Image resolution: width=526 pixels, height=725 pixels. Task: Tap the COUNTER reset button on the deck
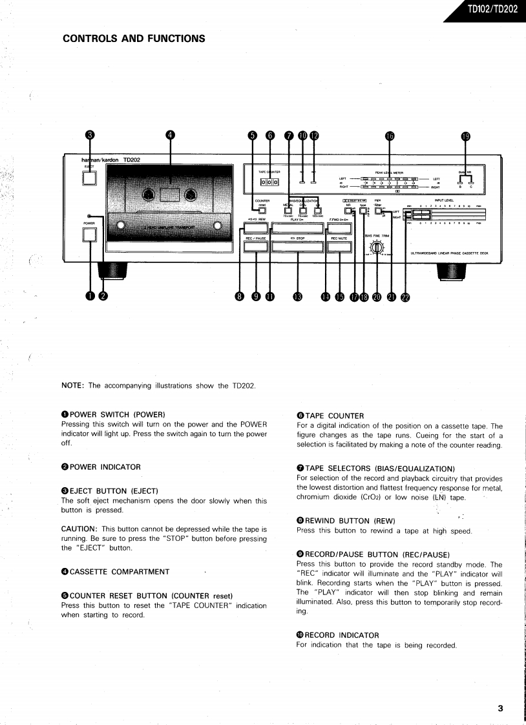click(262, 210)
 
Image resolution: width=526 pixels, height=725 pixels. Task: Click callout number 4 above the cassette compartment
click(170, 135)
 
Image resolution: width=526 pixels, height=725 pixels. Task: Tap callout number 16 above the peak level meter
click(389, 136)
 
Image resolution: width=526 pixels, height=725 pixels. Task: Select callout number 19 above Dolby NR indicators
click(466, 136)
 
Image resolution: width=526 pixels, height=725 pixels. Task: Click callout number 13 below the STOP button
click(297, 297)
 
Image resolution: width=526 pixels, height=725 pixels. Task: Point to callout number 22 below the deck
click(405, 297)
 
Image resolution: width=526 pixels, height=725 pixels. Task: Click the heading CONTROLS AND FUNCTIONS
click(134, 38)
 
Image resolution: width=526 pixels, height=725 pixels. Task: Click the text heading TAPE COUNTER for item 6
click(334, 415)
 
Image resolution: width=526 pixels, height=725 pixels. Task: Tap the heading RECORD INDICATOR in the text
click(342, 635)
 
